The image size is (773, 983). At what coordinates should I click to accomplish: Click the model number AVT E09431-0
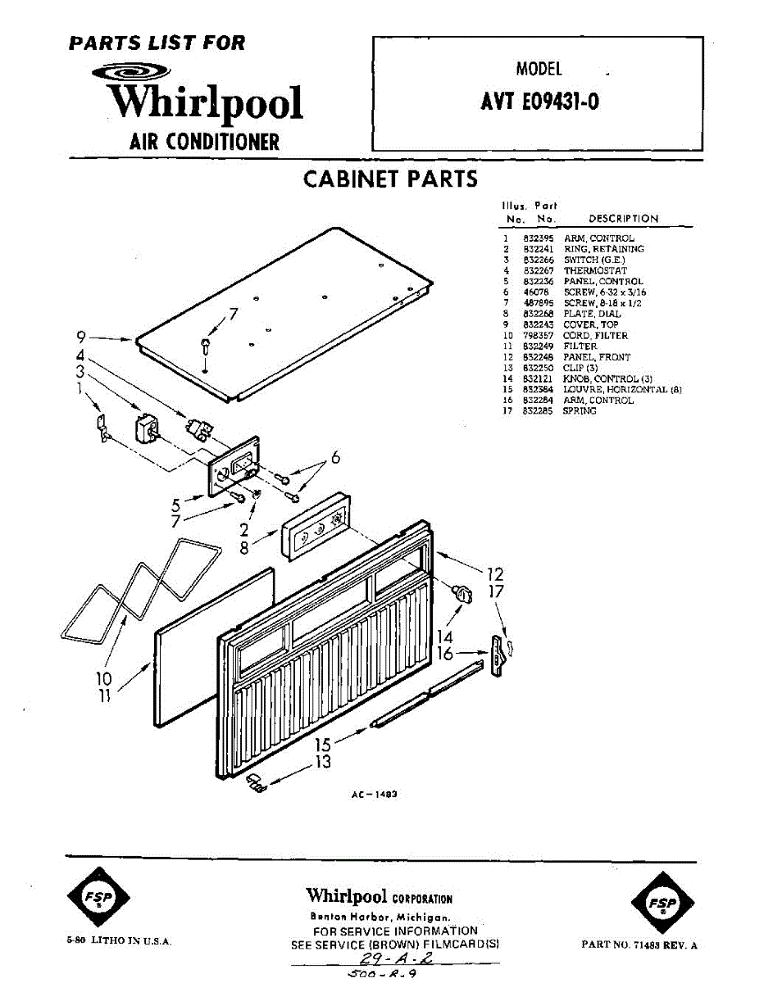539,104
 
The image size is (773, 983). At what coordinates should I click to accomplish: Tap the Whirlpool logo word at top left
205,102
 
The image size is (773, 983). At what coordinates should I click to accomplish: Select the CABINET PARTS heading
390,179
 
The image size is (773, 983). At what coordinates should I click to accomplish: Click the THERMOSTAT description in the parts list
595,270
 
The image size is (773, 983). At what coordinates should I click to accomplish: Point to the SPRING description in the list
580,411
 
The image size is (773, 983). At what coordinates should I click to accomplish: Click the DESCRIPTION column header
623,219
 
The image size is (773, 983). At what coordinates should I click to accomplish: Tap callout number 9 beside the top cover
81,336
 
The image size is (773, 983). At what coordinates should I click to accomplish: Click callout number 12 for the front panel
495,574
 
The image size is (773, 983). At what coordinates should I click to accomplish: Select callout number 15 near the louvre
324,745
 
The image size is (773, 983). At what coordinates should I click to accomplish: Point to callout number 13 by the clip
324,763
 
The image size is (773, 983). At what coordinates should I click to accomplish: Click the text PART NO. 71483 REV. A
639,944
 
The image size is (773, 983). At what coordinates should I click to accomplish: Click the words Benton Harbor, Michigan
380,917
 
